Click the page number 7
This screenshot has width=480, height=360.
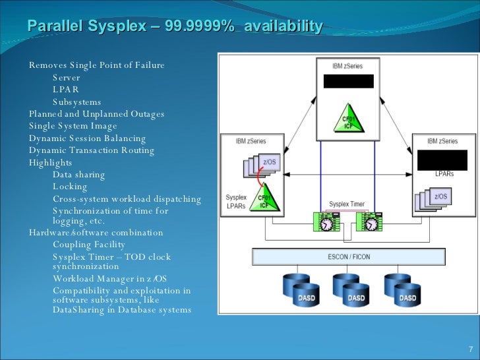470,349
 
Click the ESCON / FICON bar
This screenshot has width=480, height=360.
349,256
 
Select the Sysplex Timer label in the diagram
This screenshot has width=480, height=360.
347,204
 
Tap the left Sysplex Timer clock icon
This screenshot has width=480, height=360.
325,222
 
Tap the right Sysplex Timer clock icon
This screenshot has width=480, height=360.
369,222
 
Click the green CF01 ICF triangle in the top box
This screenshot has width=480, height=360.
347,118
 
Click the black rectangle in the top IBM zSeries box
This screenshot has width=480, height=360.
348,81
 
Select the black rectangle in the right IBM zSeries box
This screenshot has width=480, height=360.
442,160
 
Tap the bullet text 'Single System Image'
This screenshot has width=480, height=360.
73,126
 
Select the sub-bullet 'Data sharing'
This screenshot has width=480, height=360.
78,175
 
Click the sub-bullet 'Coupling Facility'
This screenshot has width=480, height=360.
89,245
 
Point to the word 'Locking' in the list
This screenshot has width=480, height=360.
70,187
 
